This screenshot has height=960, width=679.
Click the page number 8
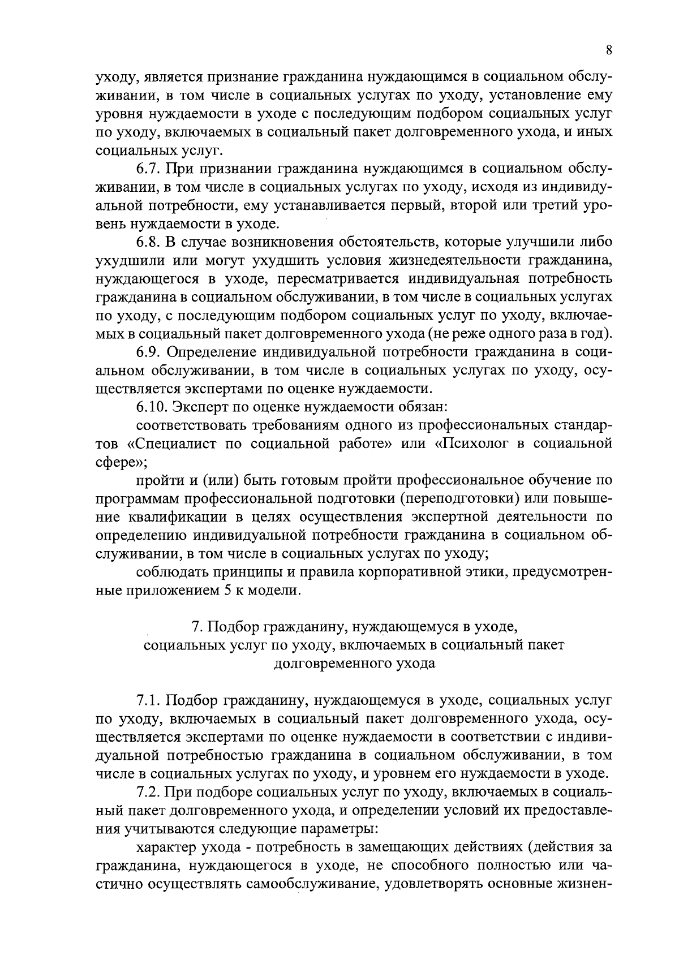click(609, 50)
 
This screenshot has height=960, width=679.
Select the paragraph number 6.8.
click(149, 242)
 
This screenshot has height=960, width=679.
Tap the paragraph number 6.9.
click(149, 352)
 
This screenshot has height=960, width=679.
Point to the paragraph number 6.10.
click(152, 407)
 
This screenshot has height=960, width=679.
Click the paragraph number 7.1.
click(148, 700)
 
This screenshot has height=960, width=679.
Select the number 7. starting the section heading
click(196, 627)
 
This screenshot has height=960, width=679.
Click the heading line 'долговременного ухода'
click(354, 664)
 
